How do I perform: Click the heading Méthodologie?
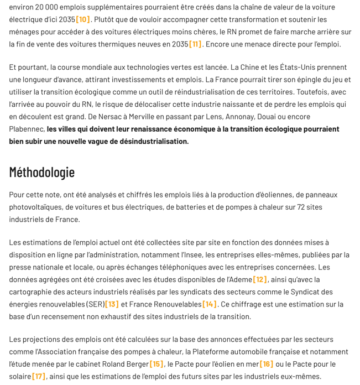coord(41,172)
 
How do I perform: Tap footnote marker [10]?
coord(83,19)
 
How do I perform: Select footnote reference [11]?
coord(195,44)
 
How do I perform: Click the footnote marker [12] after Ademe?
coord(260,279)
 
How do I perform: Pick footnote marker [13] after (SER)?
coord(112,304)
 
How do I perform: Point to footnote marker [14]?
coord(210,304)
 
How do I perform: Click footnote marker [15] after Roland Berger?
coord(156,363)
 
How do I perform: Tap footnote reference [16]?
coord(266,363)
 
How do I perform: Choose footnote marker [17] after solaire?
coord(39,376)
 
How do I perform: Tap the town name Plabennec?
coord(27,129)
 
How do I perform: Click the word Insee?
coord(186,254)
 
